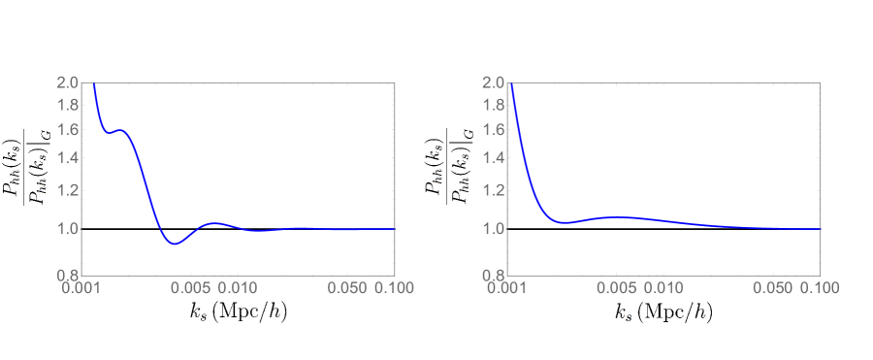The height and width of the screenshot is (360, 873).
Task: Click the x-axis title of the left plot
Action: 238,312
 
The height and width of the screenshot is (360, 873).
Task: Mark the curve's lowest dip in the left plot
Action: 174,245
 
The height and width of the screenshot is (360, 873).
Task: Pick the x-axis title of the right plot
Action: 664,312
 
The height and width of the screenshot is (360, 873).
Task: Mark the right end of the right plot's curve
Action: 821,229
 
